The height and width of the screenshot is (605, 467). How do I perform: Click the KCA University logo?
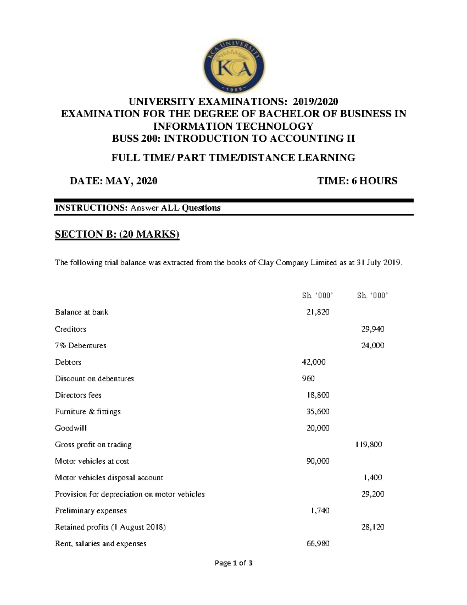(x=234, y=67)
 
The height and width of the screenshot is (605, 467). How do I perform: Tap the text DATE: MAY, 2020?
(x=113, y=181)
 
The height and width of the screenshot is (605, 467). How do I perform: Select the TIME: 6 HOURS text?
(x=357, y=181)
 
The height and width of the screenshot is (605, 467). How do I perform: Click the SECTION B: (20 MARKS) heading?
(x=117, y=234)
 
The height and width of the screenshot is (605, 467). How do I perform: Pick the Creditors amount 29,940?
(x=372, y=329)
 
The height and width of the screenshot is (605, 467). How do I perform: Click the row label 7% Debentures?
(x=81, y=346)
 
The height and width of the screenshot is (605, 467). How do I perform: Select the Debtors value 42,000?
(x=314, y=362)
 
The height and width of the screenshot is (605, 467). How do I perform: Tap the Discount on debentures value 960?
(x=308, y=379)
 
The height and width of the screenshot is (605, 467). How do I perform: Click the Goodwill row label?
(x=71, y=428)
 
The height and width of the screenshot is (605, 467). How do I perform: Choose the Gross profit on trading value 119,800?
(x=369, y=444)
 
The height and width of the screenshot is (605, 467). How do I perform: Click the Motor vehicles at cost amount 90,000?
(x=318, y=461)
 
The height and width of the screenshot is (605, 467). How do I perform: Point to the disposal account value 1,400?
(x=372, y=478)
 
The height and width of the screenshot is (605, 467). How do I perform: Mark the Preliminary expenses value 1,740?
(x=320, y=511)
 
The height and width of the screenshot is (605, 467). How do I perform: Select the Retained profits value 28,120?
(x=372, y=527)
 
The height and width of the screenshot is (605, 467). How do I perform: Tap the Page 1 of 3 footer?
(x=233, y=563)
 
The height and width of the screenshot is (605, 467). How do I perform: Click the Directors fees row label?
(x=78, y=395)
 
